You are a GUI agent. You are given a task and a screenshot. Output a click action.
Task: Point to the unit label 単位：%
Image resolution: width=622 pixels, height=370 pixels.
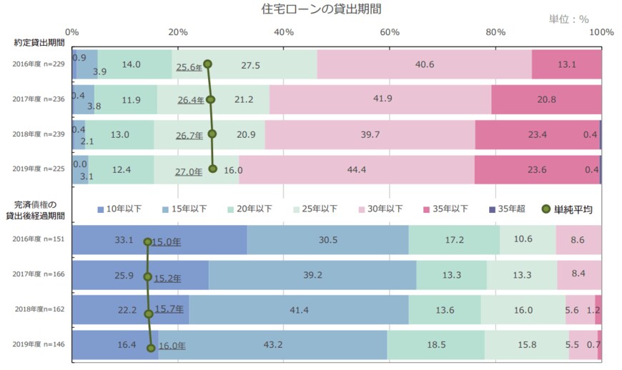(568, 19)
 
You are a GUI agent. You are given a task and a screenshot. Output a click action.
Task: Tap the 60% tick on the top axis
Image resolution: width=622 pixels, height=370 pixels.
(390, 32)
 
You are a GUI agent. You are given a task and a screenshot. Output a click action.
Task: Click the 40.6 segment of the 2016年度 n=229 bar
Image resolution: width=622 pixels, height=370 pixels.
(425, 64)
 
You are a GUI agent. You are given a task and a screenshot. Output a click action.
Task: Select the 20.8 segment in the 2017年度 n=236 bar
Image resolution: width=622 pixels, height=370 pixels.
(546, 99)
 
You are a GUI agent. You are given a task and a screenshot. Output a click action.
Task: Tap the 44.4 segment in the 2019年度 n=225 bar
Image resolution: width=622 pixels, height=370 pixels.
(356, 169)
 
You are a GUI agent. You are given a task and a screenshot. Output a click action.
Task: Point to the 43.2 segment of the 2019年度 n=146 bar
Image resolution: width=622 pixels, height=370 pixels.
(273, 345)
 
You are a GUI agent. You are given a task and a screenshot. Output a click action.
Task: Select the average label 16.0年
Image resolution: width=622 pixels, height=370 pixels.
(172, 346)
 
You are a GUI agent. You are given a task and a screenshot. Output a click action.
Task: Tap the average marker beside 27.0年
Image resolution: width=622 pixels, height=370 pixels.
(212, 169)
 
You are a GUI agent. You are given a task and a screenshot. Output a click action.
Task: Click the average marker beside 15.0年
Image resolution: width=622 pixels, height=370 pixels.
(148, 242)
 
